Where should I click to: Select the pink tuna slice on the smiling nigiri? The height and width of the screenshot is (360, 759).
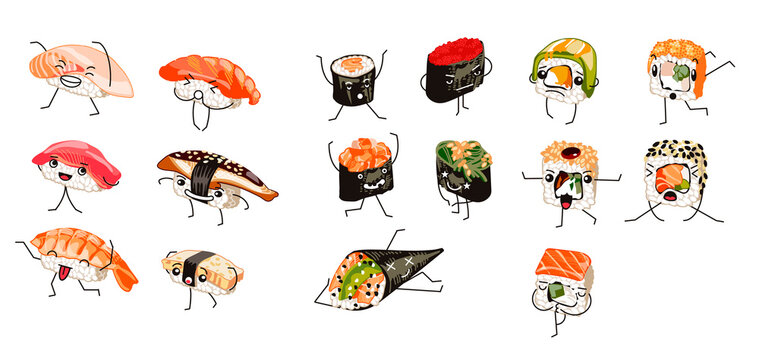pos(70,154)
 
